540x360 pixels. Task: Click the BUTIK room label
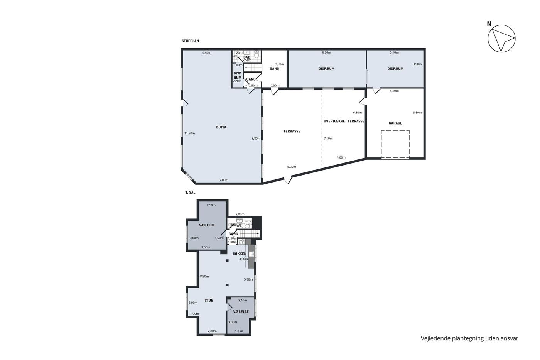point(221,127)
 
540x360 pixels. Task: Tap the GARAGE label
point(395,123)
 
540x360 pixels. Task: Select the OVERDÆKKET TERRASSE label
point(344,121)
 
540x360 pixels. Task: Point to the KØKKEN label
point(240,254)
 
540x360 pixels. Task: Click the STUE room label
point(209,301)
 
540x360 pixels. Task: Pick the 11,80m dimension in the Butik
point(190,133)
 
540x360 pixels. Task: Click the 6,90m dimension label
point(326,52)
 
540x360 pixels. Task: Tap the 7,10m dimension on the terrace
point(328,139)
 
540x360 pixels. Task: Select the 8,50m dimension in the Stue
point(204,276)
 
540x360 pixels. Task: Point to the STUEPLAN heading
point(191,41)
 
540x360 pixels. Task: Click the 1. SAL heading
point(190,193)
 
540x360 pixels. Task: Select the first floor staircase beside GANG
point(250,234)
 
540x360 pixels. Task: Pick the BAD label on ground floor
point(246,57)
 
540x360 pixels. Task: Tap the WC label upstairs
point(239,226)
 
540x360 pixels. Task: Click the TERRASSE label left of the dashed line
point(292,132)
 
